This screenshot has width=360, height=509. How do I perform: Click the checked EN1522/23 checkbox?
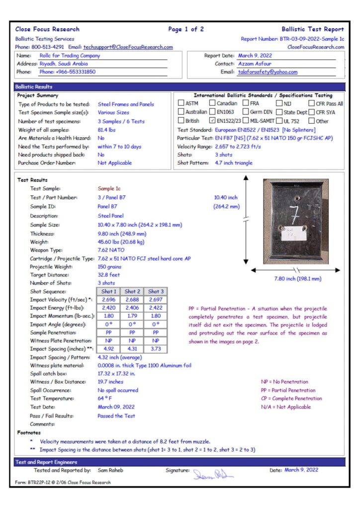point(213,120)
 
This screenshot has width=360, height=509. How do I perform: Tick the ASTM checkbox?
point(181,103)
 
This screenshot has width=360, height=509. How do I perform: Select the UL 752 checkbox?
point(280,120)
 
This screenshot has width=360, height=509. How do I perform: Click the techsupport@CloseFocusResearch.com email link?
point(128,47)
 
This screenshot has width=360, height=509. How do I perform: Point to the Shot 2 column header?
point(132,291)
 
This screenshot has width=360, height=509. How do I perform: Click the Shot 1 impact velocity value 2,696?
point(109,300)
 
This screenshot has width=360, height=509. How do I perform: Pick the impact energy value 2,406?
point(132,308)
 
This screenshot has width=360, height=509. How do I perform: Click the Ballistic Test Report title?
point(312,29)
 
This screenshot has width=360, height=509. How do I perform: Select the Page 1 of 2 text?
point(186,29)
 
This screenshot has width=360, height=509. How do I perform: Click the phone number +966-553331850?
point(75,72)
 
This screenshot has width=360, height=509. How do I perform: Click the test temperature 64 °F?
point(104,399)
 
